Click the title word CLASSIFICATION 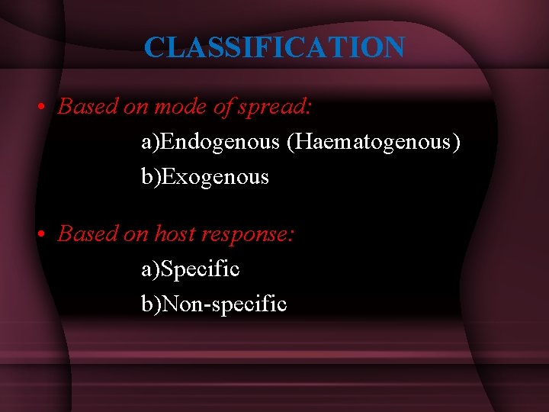[274, 47]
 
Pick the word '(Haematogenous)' [374, 142]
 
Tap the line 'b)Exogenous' [205, 177]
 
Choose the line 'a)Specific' [191, 269]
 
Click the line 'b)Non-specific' [214, 304]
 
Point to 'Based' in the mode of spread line [86, 107]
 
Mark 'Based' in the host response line [86, 233]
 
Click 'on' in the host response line [136, 234]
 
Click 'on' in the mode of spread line [136, 108]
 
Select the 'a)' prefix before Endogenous [149, 142]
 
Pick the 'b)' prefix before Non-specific [149, 304]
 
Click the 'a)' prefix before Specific [149, 269]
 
